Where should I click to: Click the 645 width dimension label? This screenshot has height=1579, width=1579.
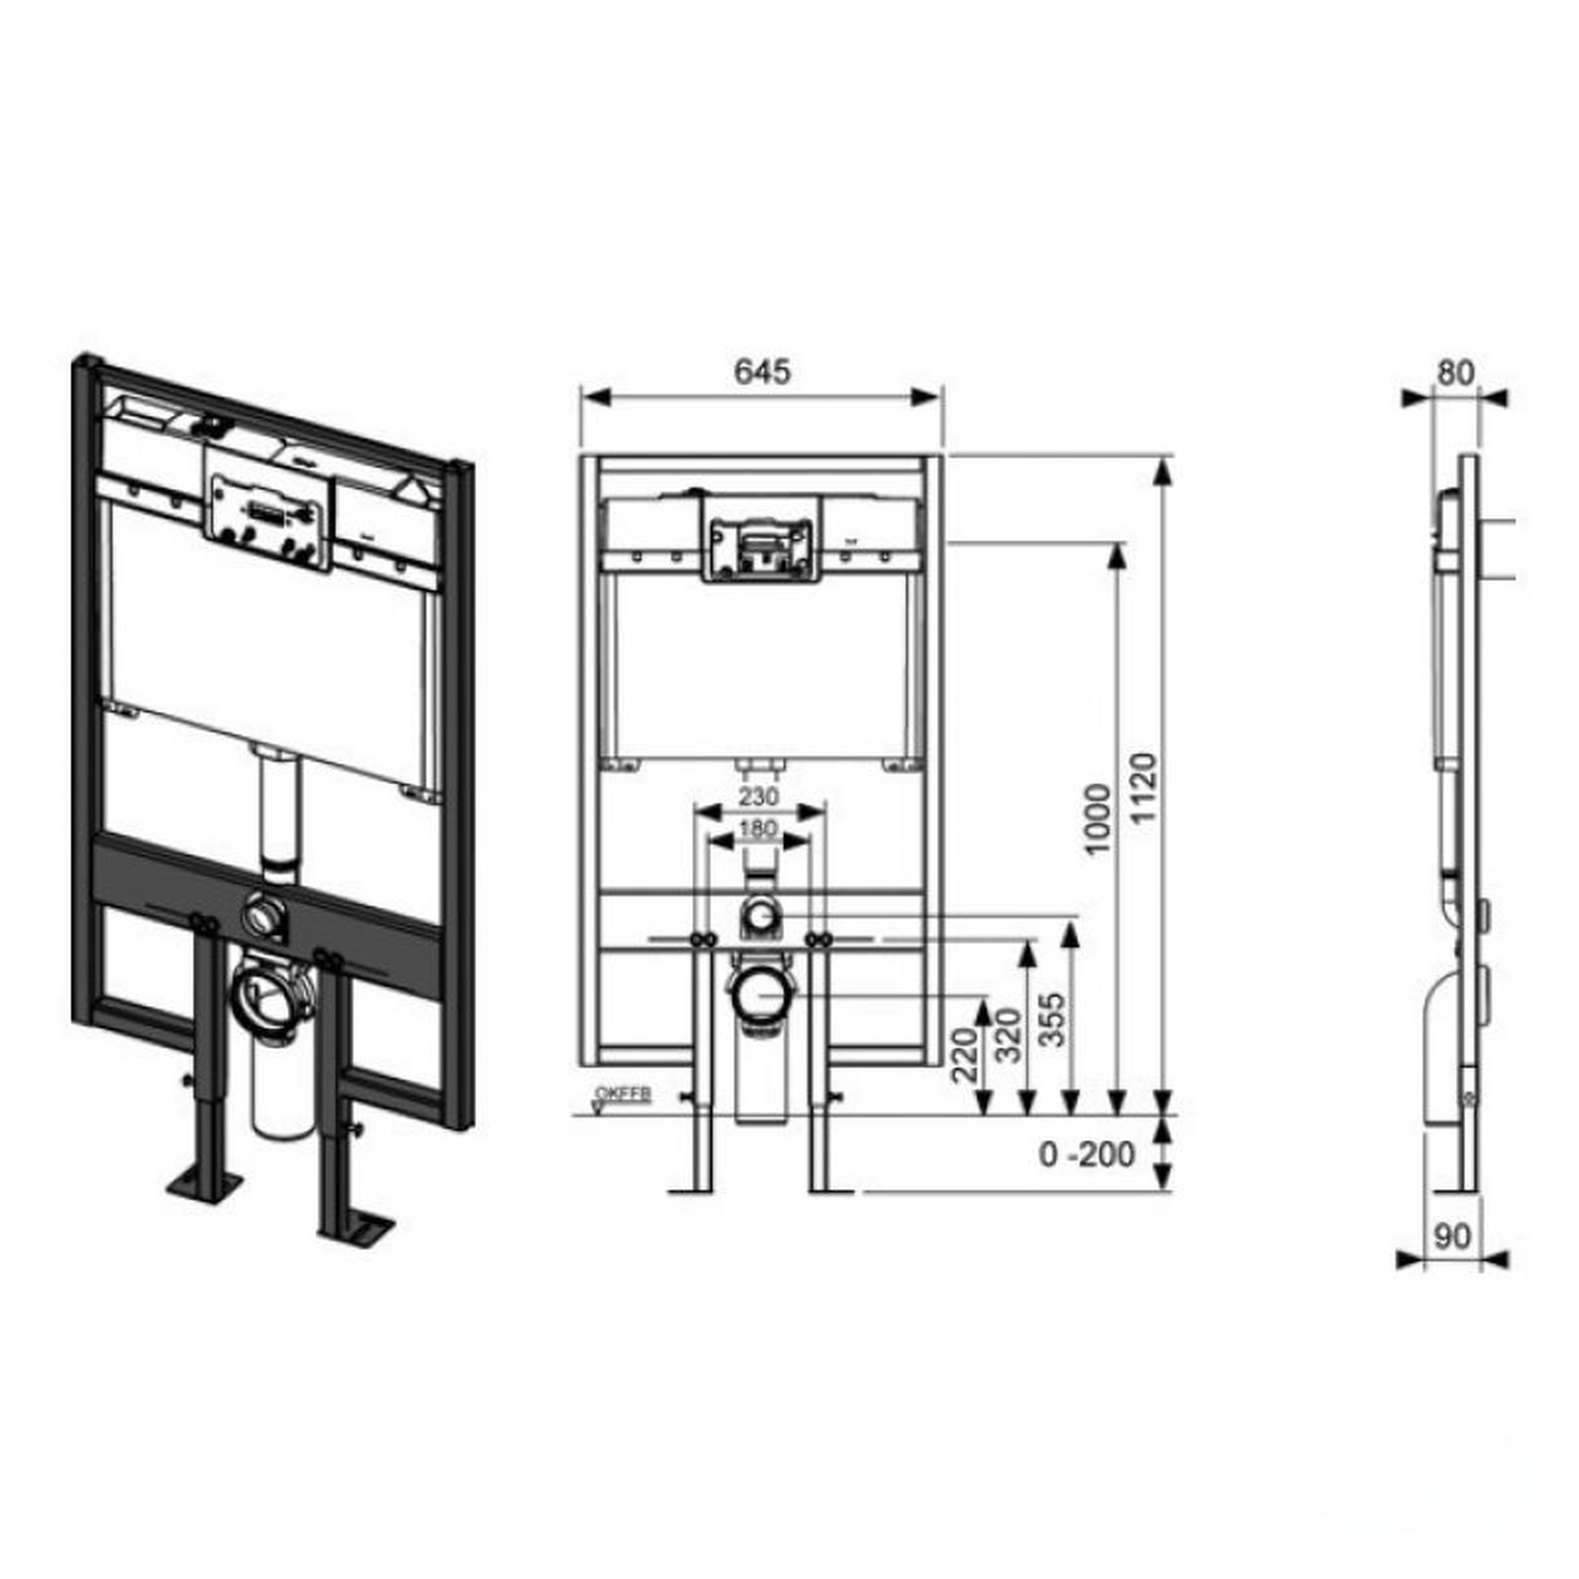[762, 372]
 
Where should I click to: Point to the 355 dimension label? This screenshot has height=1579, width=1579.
[1054, 1020]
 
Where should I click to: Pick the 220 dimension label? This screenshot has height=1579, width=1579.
[966, 1055]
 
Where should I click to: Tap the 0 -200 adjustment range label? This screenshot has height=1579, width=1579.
[1086, 1155]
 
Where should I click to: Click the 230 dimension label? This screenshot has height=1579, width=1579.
[759, 795]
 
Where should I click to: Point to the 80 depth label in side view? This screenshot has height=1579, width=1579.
[1456, 373]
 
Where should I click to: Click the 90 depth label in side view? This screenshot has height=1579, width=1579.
[1453, 1236]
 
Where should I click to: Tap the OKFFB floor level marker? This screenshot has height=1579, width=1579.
[622, 1093]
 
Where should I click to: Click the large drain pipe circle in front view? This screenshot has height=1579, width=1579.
[759, 995]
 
